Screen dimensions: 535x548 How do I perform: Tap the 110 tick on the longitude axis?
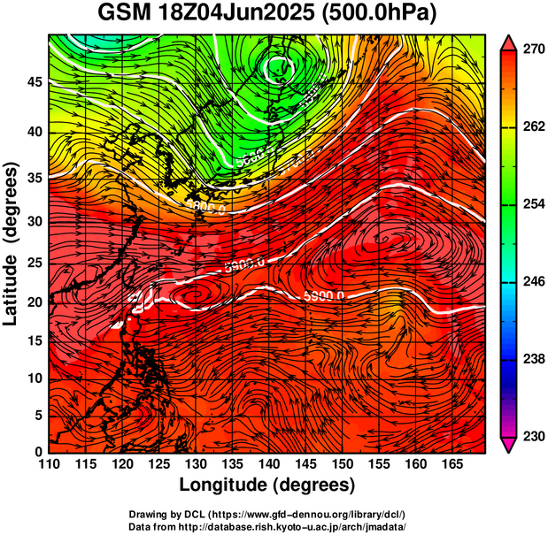(49, 464)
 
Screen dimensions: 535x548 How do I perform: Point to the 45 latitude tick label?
(33, 82)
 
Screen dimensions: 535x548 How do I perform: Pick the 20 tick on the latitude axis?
(33, 302)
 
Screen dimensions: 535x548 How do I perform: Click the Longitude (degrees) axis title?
(267, 485)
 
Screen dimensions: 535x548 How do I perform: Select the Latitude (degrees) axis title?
(12, 243)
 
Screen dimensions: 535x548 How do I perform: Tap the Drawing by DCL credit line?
(267, 515)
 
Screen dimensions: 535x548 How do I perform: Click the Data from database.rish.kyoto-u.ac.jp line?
(267, 526)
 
